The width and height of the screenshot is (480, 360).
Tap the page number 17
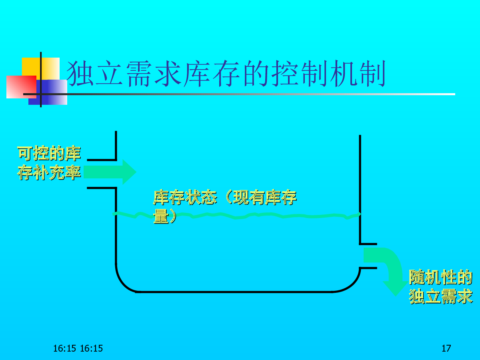[446, 348]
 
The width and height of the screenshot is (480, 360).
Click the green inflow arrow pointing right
[110, 172]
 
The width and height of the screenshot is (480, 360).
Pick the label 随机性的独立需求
[440, 287]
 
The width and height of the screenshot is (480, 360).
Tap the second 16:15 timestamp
[92, 348]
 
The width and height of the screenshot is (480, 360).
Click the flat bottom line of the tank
[236, 292]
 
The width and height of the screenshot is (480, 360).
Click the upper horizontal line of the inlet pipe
[101, 160]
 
